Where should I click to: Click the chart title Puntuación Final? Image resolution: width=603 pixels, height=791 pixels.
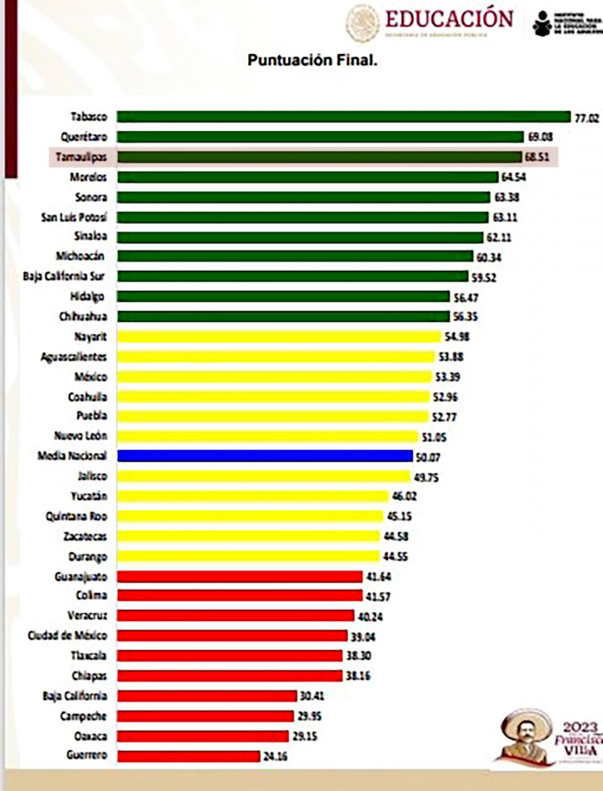(312, 61)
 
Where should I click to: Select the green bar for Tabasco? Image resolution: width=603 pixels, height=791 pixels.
(344, 117)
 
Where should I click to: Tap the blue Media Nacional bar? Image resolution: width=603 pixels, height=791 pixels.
(264, 456)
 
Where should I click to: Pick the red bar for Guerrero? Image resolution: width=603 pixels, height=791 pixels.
(188, 756)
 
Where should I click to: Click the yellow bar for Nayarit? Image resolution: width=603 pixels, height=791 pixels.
(279, 337)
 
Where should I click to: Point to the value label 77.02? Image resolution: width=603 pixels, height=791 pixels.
(587, 118)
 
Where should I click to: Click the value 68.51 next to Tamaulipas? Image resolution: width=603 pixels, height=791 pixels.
(538, 158)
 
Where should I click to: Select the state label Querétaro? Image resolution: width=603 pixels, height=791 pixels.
(83, 137)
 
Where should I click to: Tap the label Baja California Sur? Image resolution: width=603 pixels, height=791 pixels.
(64, 276)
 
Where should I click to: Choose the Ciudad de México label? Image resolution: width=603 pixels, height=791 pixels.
(67, 635)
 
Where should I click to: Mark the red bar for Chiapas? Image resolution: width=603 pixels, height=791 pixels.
(229, 675)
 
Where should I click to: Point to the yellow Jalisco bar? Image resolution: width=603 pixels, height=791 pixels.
(263, 476)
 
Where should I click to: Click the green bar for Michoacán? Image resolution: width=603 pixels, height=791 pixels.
(295, 256)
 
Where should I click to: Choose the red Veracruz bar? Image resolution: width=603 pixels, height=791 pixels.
(235, 615)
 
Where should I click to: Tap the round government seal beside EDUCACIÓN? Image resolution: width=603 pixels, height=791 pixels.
(363, 23)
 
